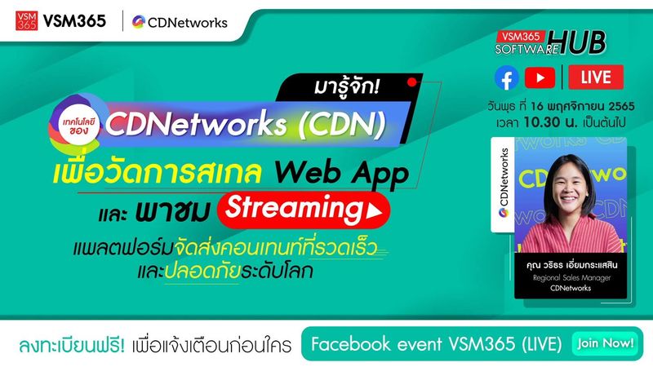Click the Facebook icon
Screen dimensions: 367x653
click(x=506, y=77)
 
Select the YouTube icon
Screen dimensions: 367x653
click(x=540, y=77)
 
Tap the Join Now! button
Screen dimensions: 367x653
click(x=605, y=343)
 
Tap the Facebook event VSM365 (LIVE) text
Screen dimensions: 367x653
click(x=433, y=344)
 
